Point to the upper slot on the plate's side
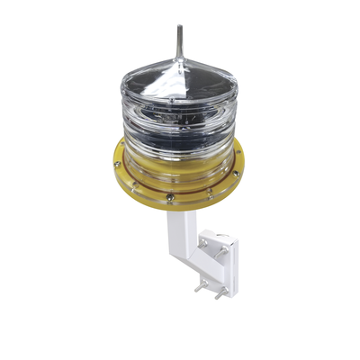point(232,256)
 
